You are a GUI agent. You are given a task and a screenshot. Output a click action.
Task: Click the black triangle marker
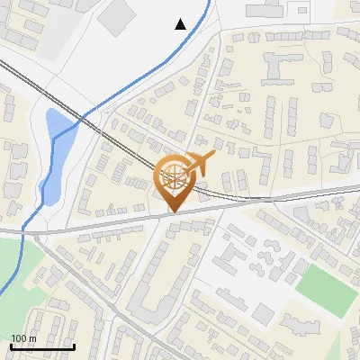pos(181,24)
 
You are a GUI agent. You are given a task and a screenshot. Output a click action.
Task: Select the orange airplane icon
pos(199,165)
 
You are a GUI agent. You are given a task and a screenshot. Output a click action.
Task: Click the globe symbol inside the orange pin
pos(172,176)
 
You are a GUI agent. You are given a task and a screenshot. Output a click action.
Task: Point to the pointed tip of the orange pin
pos(172,212)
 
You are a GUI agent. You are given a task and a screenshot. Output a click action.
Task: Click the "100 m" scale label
pos(23,338)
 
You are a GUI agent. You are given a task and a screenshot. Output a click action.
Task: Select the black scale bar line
pos(42,346)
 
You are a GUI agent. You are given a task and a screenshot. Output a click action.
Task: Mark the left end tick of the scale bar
pos(11,345)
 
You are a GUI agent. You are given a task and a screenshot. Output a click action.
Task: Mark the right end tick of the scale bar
pos(74,345)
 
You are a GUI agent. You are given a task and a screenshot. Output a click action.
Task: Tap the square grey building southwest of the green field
pos(263,313)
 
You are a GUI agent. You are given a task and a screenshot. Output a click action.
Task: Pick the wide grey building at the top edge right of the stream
pos(271,9)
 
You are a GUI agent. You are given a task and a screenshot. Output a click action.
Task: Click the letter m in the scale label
pos(31,338)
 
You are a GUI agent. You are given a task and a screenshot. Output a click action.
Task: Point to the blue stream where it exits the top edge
pos(210,2)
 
